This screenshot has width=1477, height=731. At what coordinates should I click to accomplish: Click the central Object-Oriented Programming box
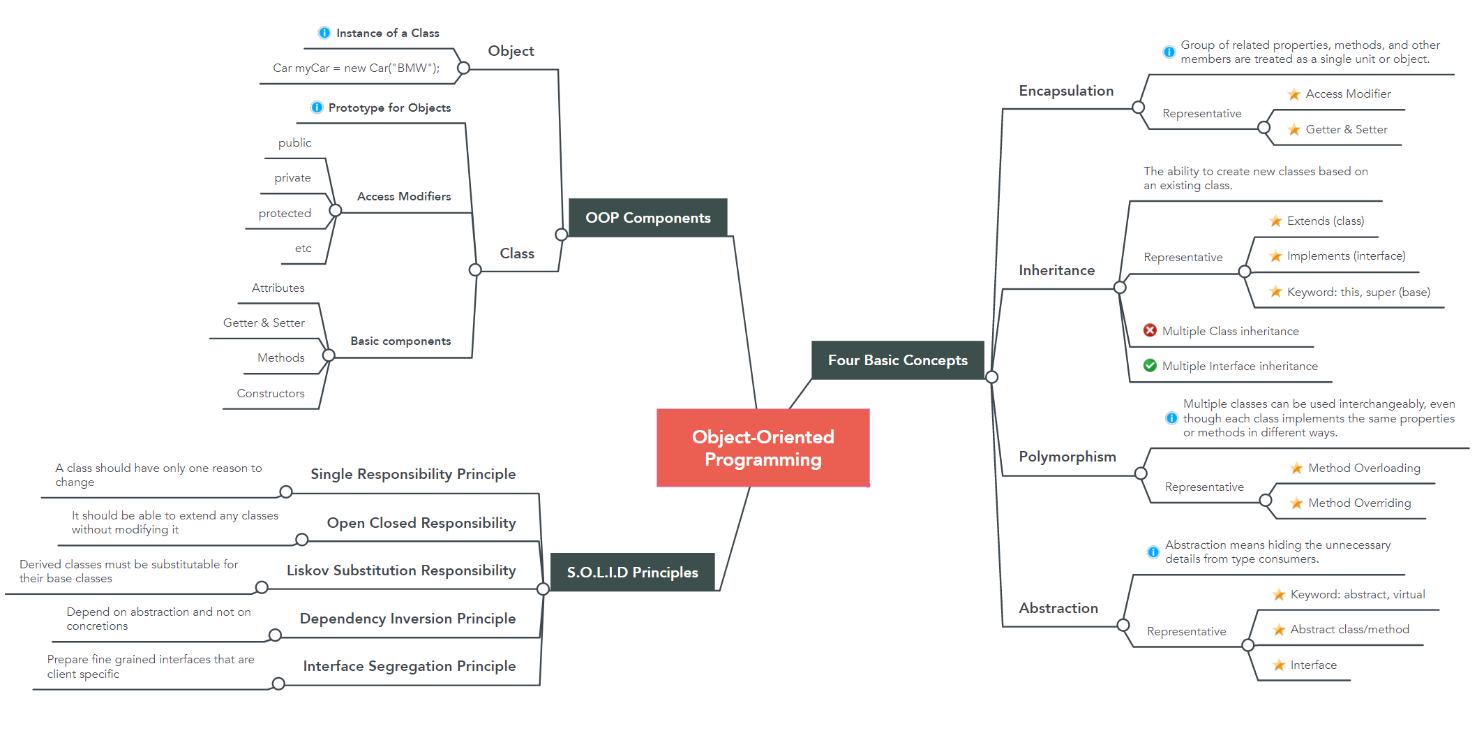click(x=763, y=448)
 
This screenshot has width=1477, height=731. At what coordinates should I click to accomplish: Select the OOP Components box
click(x=647, y=218)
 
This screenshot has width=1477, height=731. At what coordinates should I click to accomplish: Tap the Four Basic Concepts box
click(x=897, y=360)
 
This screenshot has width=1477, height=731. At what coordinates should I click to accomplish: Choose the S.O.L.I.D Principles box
click(x=632, y=573)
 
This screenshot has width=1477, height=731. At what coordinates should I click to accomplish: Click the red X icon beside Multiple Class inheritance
click(x=1150, y=330)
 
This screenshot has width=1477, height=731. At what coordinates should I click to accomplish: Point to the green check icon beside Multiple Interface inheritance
click(x=1150, y=365)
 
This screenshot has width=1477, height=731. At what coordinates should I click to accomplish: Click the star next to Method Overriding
click(x=1296, y=503)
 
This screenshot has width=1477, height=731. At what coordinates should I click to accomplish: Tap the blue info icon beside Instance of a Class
click(x=324, y=33)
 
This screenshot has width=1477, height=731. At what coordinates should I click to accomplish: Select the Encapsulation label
click(x=1066, y=91)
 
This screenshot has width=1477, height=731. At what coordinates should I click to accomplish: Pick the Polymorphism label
click(x=1067, y=457)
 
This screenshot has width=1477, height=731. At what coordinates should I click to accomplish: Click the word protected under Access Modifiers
click(x=285, y=213)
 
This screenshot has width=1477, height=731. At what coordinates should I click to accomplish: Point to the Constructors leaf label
click(x=271, y=393)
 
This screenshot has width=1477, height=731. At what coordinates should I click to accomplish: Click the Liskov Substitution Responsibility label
click(x=401, y=570)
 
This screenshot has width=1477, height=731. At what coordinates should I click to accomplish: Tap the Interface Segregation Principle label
click(x=410, y=666)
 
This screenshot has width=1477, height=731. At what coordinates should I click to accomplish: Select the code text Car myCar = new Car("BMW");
click(x=356, y=68)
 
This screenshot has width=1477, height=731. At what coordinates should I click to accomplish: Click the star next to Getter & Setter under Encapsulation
click(x=1294, y=129)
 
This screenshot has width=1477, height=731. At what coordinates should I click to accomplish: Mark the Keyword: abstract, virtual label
click(x=1357, y=594)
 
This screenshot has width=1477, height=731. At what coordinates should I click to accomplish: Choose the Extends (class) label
click(x=1325, y=221)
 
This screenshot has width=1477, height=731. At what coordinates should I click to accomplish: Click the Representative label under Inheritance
click(x=1183, y=257)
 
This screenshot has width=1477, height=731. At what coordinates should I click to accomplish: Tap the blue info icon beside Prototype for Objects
click(x=317, y=108)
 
